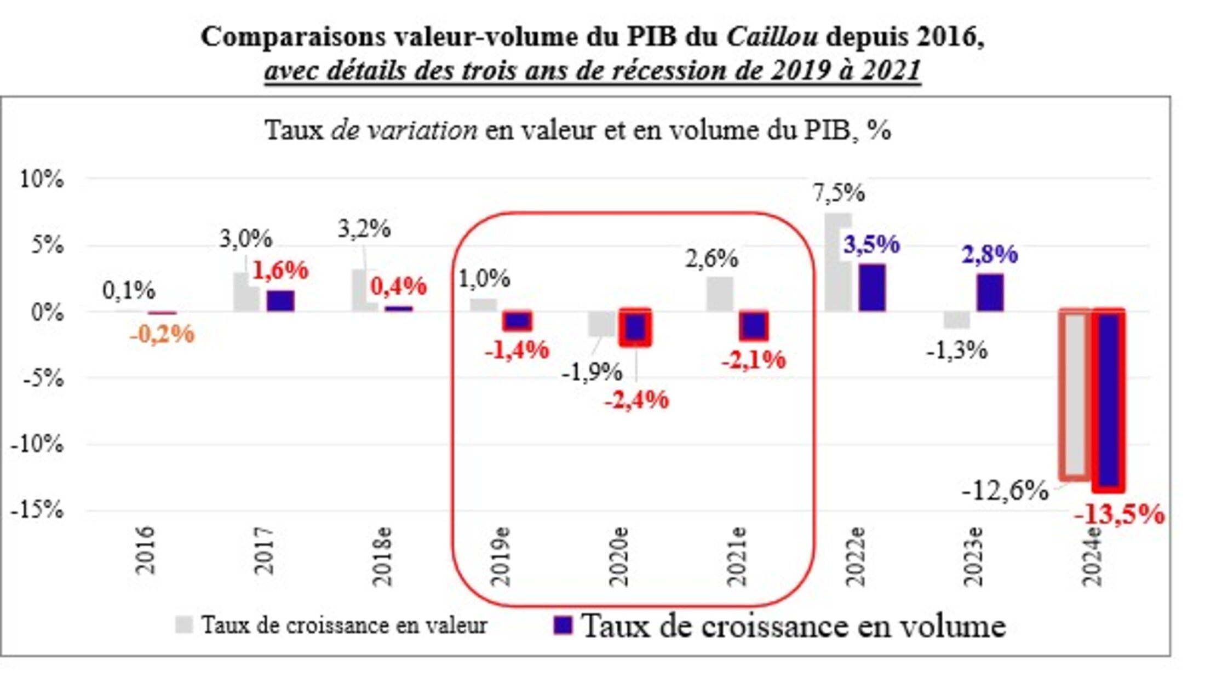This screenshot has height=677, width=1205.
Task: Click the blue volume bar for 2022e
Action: (x=872, y=288)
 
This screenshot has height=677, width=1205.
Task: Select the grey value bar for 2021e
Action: (x=720, y=294)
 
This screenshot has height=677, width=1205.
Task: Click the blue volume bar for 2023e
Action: (x=990, y=292)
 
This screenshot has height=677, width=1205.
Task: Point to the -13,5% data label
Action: (x=1119, y=515)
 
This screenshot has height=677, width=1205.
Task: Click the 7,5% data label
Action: (x=839, y=193)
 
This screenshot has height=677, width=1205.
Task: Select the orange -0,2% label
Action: (x=162, y=334)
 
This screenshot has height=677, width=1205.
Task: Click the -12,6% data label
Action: (x=1005, y=491)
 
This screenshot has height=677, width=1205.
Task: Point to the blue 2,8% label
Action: (x=990, y=254)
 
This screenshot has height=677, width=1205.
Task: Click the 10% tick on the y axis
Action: (x=42, y=179)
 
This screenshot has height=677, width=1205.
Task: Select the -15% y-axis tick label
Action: (x=37, y=510)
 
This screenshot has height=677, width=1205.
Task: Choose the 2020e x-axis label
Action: (x=619, y=556)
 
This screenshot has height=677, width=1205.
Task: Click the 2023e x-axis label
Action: (x=974, y=556)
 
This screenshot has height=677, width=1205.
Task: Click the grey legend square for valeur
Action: (x=184, y=625)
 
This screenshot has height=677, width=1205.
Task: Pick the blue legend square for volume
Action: (x=563, y=625)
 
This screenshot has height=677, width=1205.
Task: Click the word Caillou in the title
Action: (x=772, y=37)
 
